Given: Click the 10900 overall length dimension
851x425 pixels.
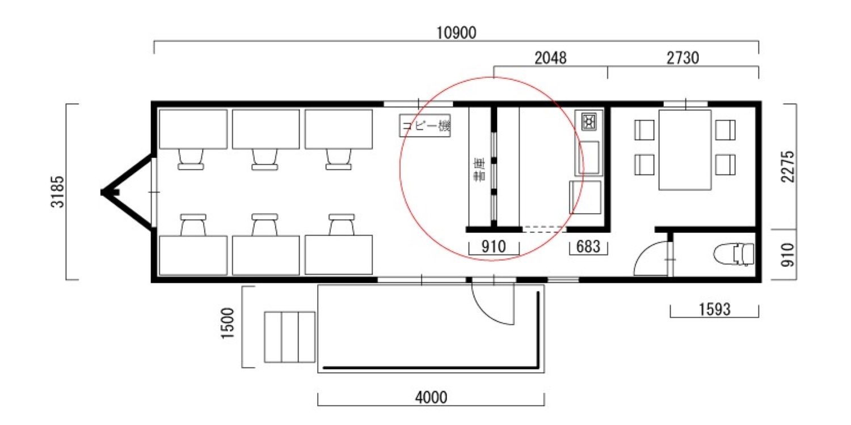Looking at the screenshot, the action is point(456,33).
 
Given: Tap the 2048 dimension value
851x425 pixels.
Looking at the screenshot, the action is point(550,58).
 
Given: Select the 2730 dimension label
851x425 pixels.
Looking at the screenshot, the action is point(683,58).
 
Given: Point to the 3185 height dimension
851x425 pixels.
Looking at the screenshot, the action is point(57,192).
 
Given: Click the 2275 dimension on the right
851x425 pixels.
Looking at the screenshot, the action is point(787,167).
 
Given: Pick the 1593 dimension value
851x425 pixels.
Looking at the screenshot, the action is point(715,309).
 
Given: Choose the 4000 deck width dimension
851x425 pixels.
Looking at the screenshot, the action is point(431,397).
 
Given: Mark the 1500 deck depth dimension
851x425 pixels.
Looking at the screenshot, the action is point(228,323).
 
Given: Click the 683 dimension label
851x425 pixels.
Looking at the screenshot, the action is point(588,246).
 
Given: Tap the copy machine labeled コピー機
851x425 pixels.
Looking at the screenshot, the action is point(425,126).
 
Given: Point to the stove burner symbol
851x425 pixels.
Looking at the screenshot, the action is point(588,121).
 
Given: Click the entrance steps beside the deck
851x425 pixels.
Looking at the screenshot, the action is point(289,337).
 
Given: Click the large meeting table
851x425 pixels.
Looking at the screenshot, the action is point(685,150).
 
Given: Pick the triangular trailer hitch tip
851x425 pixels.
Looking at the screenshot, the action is point(103,193).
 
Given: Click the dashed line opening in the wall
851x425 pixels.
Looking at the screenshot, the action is point(544,229).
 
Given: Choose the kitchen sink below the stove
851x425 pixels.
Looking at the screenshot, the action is point(588,158).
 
